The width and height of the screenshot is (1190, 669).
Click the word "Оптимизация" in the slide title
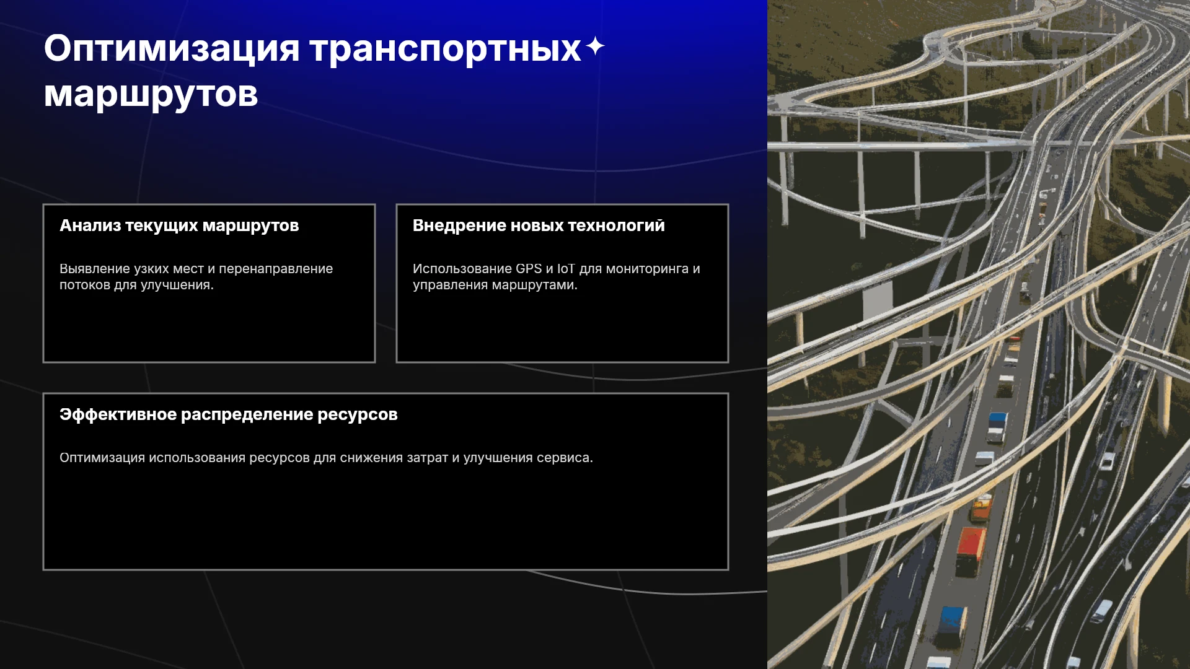point(172,49)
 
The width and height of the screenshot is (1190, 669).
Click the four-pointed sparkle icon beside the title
point(595,46)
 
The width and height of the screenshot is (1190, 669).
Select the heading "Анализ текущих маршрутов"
point(179,225)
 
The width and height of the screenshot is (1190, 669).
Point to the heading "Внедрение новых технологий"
point(539,225)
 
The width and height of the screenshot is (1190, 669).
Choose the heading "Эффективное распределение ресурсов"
point(229,414)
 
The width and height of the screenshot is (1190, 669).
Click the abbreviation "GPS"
point(529,269)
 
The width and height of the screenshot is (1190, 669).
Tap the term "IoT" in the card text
point(566,269)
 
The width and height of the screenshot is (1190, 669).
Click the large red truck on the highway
point(970,551)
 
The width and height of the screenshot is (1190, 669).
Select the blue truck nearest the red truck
point(951,626)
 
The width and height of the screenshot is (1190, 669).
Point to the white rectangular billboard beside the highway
point(878,300)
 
